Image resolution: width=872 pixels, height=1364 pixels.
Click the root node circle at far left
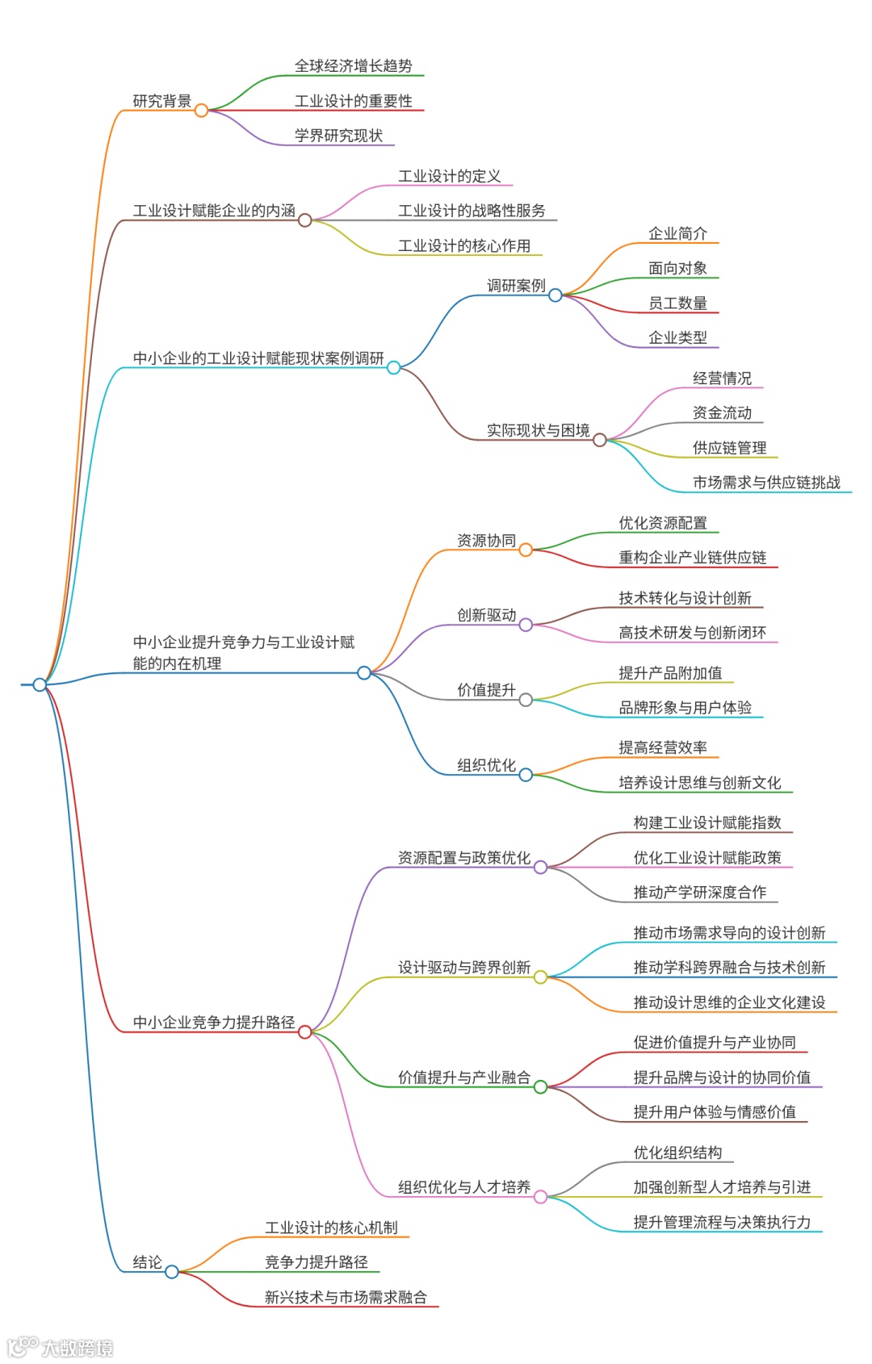point(40,684)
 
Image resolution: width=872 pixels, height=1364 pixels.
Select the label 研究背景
point(161,101)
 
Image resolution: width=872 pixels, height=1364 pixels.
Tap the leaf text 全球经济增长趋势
point(353,66)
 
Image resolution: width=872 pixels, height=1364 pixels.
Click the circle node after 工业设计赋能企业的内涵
point(304,220)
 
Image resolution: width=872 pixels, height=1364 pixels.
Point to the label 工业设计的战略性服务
point(472,211)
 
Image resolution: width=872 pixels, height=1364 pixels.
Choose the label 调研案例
point(516,286)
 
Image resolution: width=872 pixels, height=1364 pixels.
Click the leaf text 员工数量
point(677,303)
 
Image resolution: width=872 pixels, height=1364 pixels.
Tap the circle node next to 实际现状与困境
point(599,440)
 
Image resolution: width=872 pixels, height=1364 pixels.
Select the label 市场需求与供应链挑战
point(766,483)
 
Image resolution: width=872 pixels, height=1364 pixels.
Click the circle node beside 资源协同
point(526,550)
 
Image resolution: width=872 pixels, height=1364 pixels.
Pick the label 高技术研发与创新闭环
point(692,633)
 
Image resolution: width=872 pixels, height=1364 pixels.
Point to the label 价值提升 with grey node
point(486,690)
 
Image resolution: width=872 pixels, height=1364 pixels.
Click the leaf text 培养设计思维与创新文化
point(699,783)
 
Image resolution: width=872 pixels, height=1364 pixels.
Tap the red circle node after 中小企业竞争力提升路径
point(304,1031)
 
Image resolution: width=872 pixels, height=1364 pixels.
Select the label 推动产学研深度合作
point(699,893)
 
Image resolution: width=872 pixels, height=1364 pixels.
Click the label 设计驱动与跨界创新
point(463,968)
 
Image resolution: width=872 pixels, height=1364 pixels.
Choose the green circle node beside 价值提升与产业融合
point(540,1086)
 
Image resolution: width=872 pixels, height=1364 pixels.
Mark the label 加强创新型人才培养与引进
point(722,1187)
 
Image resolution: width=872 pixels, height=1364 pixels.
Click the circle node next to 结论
point(171,1271)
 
